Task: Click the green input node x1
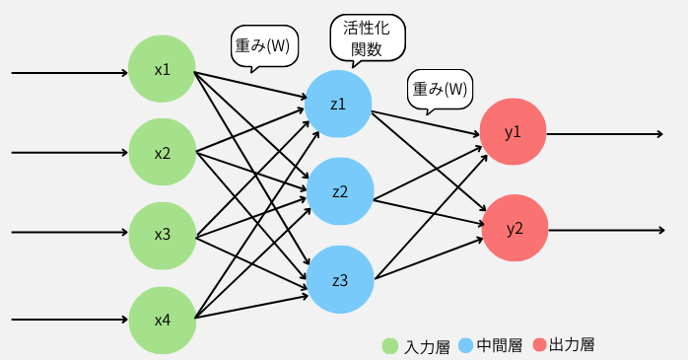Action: (162, 70)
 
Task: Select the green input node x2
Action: (162, 153)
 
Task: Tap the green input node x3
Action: (162, 235)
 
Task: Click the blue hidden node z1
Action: (338, 103)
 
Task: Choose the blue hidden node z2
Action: (339, 191)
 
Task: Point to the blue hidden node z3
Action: (339, 280)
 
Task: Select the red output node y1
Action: (513, 132)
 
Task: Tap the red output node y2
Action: (514, 229)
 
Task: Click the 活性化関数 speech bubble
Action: (366, 38)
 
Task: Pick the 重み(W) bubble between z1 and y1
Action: (440, 89)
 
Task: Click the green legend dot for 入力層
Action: (390, 346)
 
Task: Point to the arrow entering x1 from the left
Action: (69, 72)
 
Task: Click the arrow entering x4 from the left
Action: (69, 320)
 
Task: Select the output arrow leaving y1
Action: (605, 133)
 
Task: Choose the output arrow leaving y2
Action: (605, 230)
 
